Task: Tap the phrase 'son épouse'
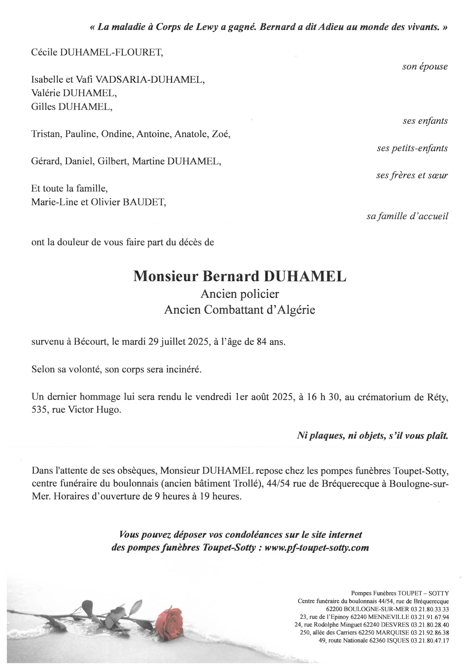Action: (425, 67)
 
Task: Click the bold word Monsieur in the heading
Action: (166, 276)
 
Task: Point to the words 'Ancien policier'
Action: (240, 294)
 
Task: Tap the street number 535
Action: (40, 410)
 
